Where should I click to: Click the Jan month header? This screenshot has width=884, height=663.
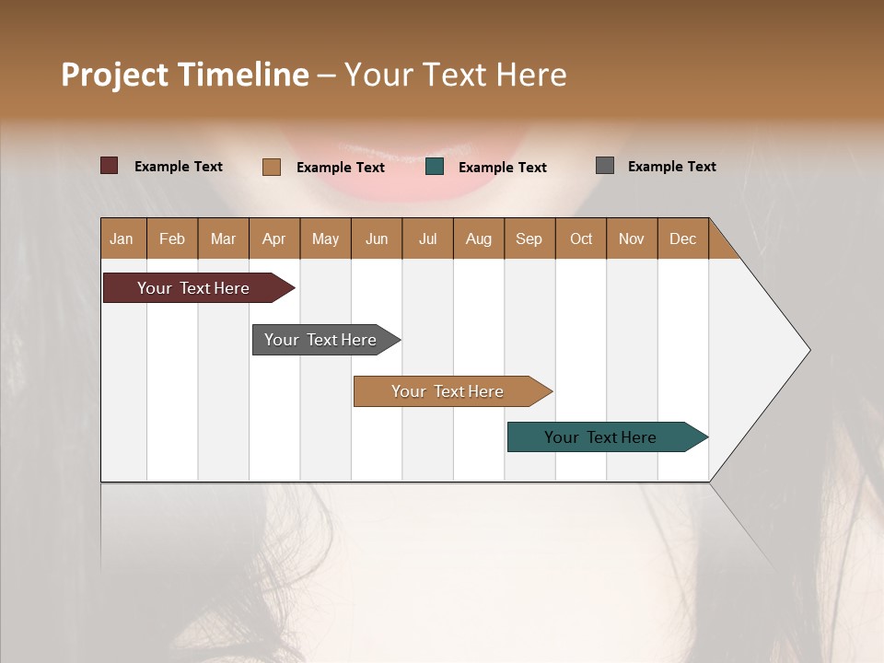pyautogui.click(x=122, y=238)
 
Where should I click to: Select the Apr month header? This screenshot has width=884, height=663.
pyautogui.click(x=273, y=238)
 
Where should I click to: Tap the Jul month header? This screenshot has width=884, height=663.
pyautogui.click(x=427, y=238)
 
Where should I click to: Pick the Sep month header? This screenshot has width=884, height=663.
pyautogui.click(x=529, y=238)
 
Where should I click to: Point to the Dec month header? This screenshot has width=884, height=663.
pyautogui.click(x=682, y=238)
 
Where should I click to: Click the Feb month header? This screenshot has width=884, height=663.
pyautogui.click(x=172, y=238)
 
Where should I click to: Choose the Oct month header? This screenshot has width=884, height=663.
pyautogui.click(x=581, y=238)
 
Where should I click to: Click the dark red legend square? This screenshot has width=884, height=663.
pyautogui.click(x=109, y=166)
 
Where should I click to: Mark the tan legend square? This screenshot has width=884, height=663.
pyautogui.click(x=272, y=167)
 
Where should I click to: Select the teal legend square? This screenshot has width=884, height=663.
pyautogui.click(x=435, y=167)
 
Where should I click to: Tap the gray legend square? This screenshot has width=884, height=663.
pyautogui.click(x=605, y=166)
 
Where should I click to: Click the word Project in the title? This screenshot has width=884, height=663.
pyautogui.click(x=115, y=75)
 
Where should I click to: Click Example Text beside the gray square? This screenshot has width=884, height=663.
pyautogui.click(x=671, y=167)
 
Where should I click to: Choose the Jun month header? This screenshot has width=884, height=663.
pyautogui.click(x=377, y=238)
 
